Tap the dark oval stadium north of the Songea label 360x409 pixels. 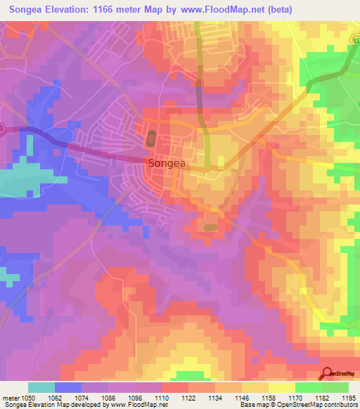coord(151,138)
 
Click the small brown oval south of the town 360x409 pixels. coord(210,227)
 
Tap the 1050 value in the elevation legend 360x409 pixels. coord(28,398)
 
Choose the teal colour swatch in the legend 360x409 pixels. coord(41,387)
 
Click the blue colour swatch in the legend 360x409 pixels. coord(68,387)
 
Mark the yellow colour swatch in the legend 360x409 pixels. coord(282,387)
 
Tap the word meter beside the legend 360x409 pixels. coord(11,398)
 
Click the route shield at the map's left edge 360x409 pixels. coord(2,129)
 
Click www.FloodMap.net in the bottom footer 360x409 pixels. coord(139,405)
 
